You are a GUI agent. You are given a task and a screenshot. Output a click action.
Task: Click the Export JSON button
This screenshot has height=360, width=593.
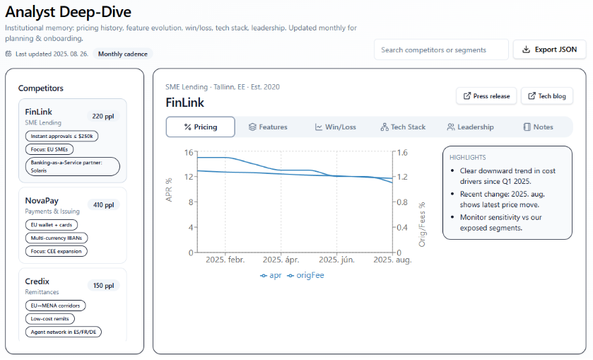pos(550,50)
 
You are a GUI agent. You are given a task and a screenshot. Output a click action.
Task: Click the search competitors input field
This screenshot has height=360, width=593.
pos(440,50)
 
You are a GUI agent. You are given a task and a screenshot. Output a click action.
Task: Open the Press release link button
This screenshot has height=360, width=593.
pos(486,96)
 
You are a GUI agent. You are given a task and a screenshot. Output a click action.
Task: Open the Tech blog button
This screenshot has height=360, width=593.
pos(546,96)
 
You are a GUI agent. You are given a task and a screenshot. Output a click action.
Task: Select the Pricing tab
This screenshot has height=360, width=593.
pos(200,127)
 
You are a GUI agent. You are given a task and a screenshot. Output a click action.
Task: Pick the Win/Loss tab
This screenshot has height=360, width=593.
pos(336,127)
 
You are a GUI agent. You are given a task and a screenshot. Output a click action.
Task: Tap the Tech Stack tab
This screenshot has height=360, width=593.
pos(403,127)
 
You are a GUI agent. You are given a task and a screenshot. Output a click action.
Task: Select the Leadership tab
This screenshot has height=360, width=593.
pos(470,127)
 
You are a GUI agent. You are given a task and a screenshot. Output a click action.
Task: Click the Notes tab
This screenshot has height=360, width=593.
pos(538,127)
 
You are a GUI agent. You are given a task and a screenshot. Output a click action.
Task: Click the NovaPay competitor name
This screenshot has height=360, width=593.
pos(41,201)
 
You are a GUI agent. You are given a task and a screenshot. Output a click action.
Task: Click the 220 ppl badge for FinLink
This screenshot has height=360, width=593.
pos(103,116)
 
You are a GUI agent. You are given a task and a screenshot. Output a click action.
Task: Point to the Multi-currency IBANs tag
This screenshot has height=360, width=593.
pos(56,238)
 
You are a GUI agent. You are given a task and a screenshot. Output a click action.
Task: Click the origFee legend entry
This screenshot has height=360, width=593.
pos(305,275)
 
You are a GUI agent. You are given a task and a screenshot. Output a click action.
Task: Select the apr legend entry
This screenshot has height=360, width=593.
pos(271,275)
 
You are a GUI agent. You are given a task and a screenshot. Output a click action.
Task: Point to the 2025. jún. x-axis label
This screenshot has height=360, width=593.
pos(336,260)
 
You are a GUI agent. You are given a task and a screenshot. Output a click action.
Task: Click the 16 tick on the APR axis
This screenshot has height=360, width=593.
pos(189,152)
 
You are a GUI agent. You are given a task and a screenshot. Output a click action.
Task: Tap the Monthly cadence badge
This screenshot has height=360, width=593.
pos(123,54)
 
